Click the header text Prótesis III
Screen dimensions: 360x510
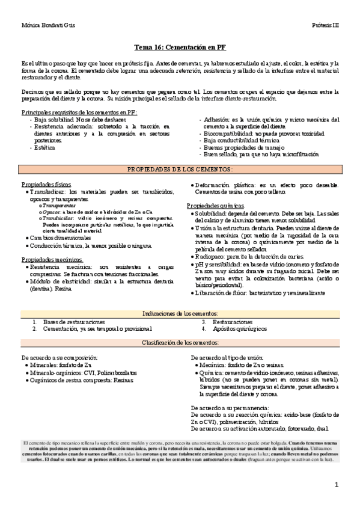326,26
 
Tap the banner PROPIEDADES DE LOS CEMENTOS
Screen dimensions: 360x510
180,170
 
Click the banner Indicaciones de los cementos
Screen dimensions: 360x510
180,314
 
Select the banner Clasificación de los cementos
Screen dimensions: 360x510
180,342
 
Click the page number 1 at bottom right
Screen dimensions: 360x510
337,485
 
